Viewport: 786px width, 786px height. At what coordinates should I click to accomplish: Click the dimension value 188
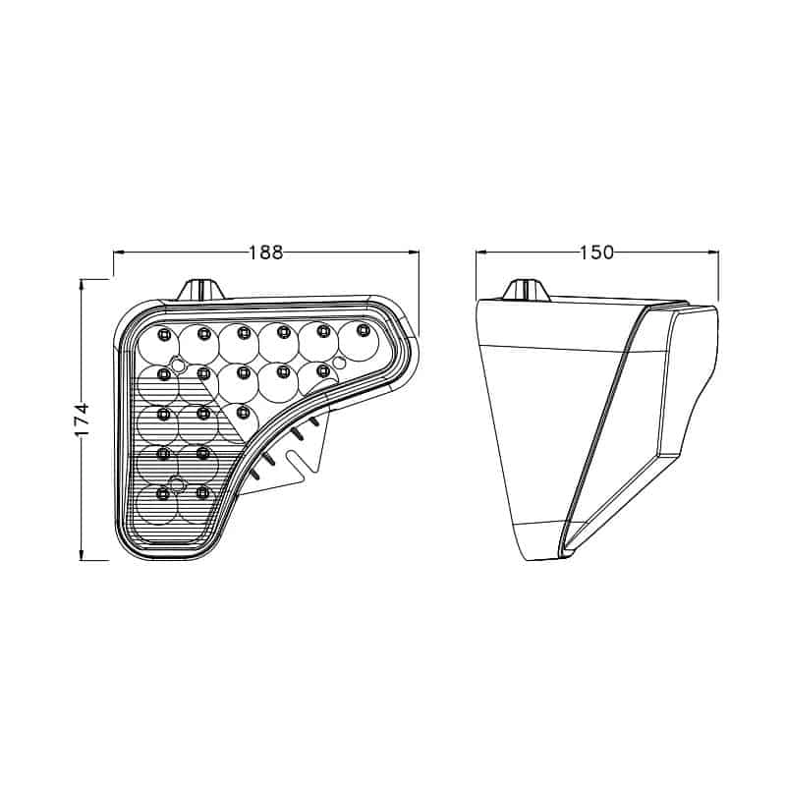(265, 253)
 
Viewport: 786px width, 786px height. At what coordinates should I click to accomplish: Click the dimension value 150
(596, 253)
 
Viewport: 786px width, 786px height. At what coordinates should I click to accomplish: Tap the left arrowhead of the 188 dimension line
(118, 253)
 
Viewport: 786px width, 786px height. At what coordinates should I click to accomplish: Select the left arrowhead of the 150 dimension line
(480, 253)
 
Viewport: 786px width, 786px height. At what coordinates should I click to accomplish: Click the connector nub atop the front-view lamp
(200, 289)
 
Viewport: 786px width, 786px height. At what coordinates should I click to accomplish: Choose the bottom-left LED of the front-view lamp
(163, 491)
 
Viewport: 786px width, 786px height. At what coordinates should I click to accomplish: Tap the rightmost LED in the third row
(243, 410)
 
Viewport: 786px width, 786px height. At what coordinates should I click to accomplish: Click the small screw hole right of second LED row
(339, 363)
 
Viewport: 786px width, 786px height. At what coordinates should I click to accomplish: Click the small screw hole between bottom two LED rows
(177, 483)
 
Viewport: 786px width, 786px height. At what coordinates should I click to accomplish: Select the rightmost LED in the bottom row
(203, 490)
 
